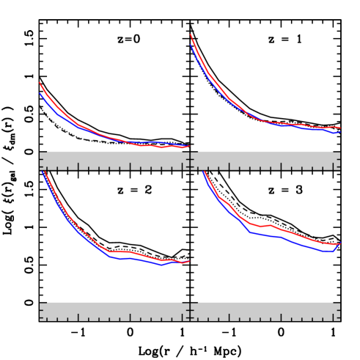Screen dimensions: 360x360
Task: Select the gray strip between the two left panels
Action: pyautogui.click(x=114, y=161)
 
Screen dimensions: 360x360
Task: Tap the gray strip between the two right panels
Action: pyautogui.click(x=265, y=161)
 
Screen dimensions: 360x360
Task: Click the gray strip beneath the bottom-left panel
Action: pyautogui.click(x=114, y=312)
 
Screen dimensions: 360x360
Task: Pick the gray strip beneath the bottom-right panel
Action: pyautogui.click(x=265, y=312)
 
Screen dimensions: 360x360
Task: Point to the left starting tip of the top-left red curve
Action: pyautogui.click(x=40, y=83)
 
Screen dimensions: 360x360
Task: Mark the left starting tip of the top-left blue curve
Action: pyautogui.click(x=40, y=93)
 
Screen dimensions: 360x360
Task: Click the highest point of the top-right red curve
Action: pyautogui.click(x=191, y=34)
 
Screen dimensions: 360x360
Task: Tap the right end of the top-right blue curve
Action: pyautogui.click(x=339, y=132)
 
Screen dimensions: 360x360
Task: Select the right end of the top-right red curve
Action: pyautogui.click(x=340, y=128)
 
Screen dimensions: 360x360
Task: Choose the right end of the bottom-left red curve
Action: pyautogui.click(x=189, y=261)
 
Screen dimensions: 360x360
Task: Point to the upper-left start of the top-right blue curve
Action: pyautogui.click(x=191, y=44)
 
